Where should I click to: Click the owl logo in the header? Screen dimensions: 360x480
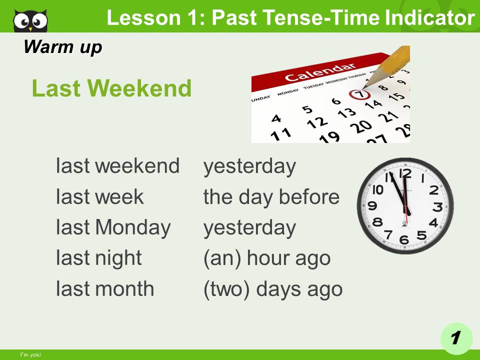(x=30, y=20)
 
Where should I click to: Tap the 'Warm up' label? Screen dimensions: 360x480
(x=62, y=47)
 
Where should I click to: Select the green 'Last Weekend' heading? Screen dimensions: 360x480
(x=111, y=89)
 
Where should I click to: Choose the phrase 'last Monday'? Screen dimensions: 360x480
(x=113, y=227)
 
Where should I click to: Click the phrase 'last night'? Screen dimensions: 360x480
(x=99, y=258)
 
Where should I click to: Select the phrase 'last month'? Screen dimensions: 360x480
(x=105, y=288)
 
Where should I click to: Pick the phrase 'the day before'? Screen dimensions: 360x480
(x=271, y=197)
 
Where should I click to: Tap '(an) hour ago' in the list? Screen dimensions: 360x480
(x=266, y=258)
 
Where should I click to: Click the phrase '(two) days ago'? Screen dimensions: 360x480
(x=272, y=289)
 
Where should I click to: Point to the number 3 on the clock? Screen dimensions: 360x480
(x=437, y=206)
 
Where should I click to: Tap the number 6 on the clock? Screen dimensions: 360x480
(x=404, y=239)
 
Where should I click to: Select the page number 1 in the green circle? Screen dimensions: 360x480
(x=455, y=338)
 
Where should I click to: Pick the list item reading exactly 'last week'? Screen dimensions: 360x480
(x=99, y=197)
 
